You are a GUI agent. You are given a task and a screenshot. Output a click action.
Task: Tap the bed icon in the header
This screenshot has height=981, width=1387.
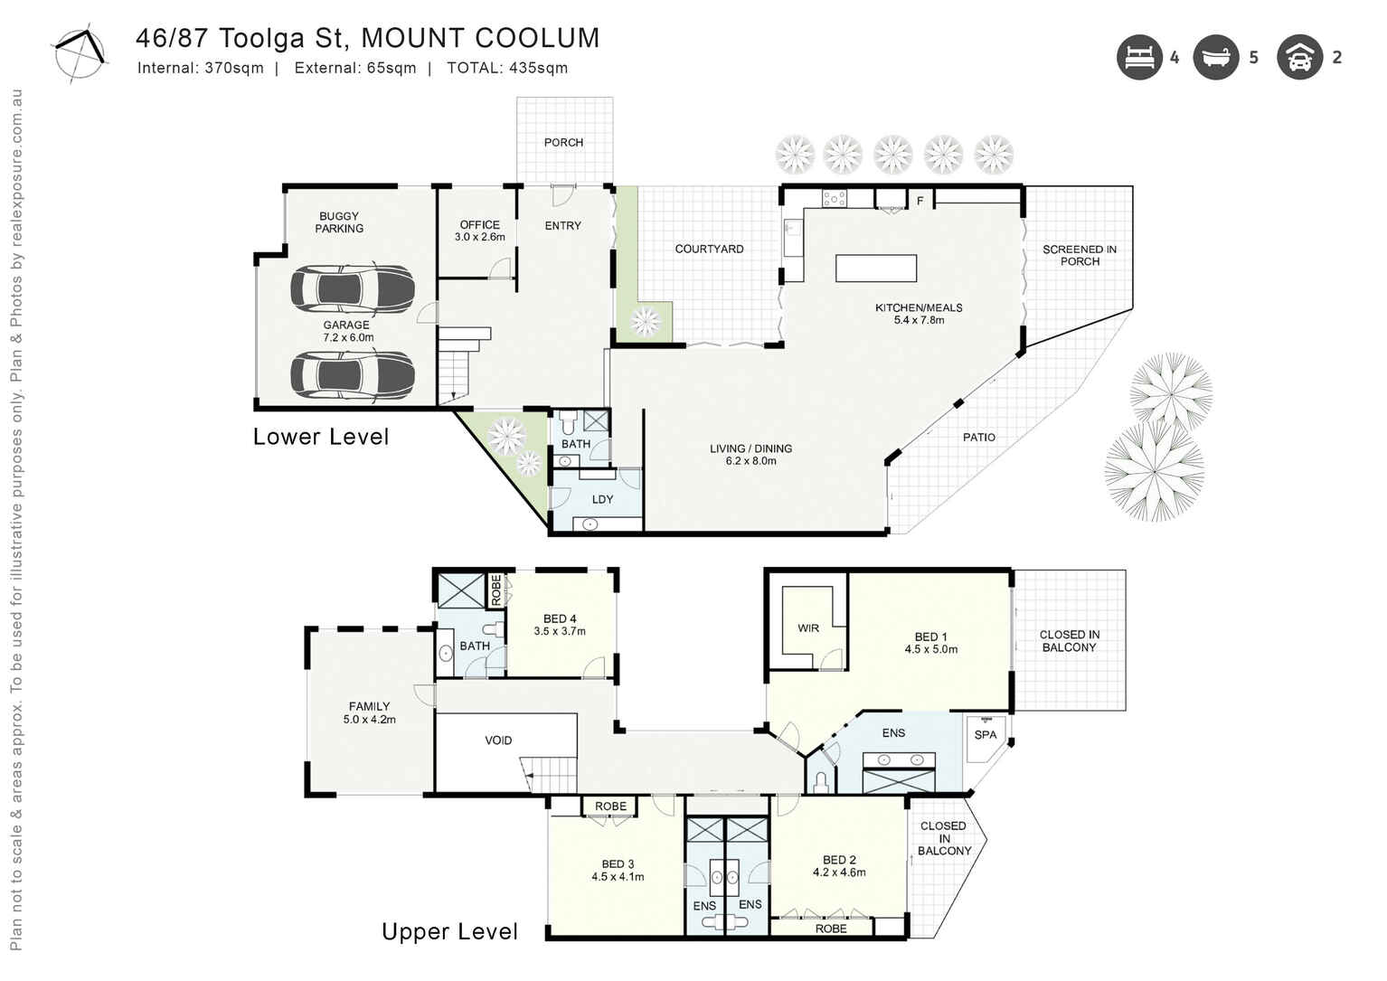[1138, 57]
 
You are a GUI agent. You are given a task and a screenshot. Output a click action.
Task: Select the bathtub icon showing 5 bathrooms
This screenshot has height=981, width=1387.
[1215, 57]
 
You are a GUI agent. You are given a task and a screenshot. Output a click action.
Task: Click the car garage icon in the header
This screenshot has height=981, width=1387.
[1299, 57]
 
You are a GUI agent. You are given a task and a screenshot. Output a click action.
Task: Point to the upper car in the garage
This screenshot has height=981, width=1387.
[352, 288]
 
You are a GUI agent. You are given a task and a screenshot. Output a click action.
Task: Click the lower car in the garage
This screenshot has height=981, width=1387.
[352, 373]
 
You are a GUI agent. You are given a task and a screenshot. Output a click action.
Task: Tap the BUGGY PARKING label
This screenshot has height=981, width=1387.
[339, 222]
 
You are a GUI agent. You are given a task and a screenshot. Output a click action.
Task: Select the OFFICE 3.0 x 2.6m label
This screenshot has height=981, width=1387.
[479, 231]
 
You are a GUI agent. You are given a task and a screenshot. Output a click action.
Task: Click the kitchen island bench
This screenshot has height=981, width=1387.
[875, 269]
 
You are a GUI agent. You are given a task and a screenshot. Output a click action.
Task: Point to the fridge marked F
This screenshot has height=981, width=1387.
[920, 201]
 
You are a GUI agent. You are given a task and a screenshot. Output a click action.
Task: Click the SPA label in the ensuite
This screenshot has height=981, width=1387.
[986, 735]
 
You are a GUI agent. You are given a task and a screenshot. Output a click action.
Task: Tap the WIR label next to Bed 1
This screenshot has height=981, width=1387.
[808, 628]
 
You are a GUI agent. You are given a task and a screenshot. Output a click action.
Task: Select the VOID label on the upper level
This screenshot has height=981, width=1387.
[498, 740]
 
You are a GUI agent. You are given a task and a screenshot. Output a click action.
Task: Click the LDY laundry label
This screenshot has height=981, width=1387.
[602, 499]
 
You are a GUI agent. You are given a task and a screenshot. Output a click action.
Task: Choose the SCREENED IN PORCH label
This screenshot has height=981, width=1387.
[1079, 255]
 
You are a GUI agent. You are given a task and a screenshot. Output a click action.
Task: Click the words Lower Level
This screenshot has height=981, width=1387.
[321, 437]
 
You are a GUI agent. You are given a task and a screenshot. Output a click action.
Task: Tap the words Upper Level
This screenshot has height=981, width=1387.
[449, 932]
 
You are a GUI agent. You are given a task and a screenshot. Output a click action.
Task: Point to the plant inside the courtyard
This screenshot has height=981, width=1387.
[646, 320]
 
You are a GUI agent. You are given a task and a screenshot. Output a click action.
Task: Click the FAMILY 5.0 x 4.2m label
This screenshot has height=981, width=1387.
[369, 713]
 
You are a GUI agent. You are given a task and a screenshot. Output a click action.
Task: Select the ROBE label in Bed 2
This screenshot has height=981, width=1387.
[831, 929]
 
